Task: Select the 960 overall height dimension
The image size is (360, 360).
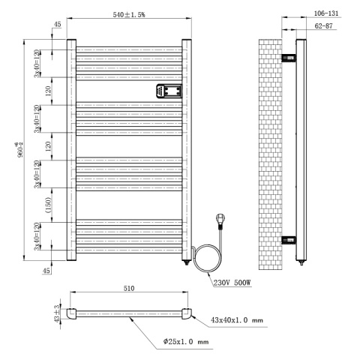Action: (20, 150)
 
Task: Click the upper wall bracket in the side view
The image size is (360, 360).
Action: (289, 58)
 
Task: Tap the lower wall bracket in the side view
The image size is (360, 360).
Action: (289, 240)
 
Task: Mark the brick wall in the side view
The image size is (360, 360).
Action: (270, 150)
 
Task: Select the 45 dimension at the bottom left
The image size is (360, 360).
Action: (48, 271)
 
